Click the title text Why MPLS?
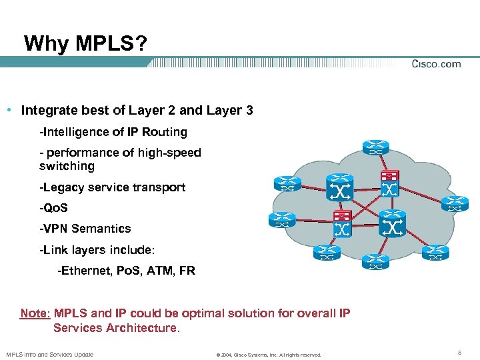[86, 44]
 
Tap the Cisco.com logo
[436, 64]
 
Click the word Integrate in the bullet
[47, 110]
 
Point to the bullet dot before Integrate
[13, 109]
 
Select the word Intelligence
[74, 132]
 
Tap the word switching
[67, 166]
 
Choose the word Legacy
[61, 187]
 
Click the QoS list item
[53, 208]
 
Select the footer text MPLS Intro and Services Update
[49, 354]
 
